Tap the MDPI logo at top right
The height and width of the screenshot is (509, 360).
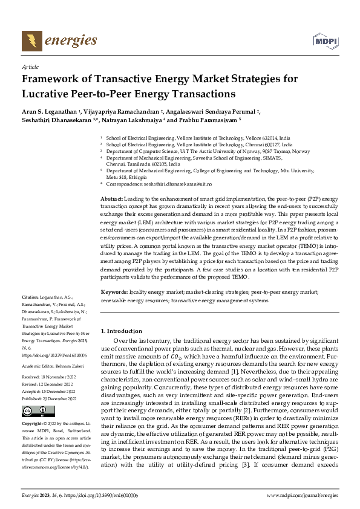click(x=325, y=41)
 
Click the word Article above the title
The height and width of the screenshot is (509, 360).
click(x=30, y=67)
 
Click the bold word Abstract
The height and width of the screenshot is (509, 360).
click(x=111, y=199)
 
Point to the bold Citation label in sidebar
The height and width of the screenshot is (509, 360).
click(x=30, y=297)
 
